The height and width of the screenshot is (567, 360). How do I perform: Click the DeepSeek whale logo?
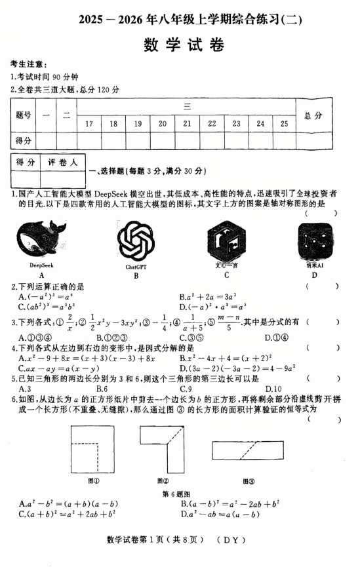(x=41, y=240)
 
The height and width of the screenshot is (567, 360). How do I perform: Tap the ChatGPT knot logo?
(x=136, y=241)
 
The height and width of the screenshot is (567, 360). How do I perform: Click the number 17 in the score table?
(x=89, y=123)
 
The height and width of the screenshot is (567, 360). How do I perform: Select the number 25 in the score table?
(x=284, y=123)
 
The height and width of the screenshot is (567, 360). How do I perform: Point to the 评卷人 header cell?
(x=62, y=161)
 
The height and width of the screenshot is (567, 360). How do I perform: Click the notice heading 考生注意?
(x=28, y=64)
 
